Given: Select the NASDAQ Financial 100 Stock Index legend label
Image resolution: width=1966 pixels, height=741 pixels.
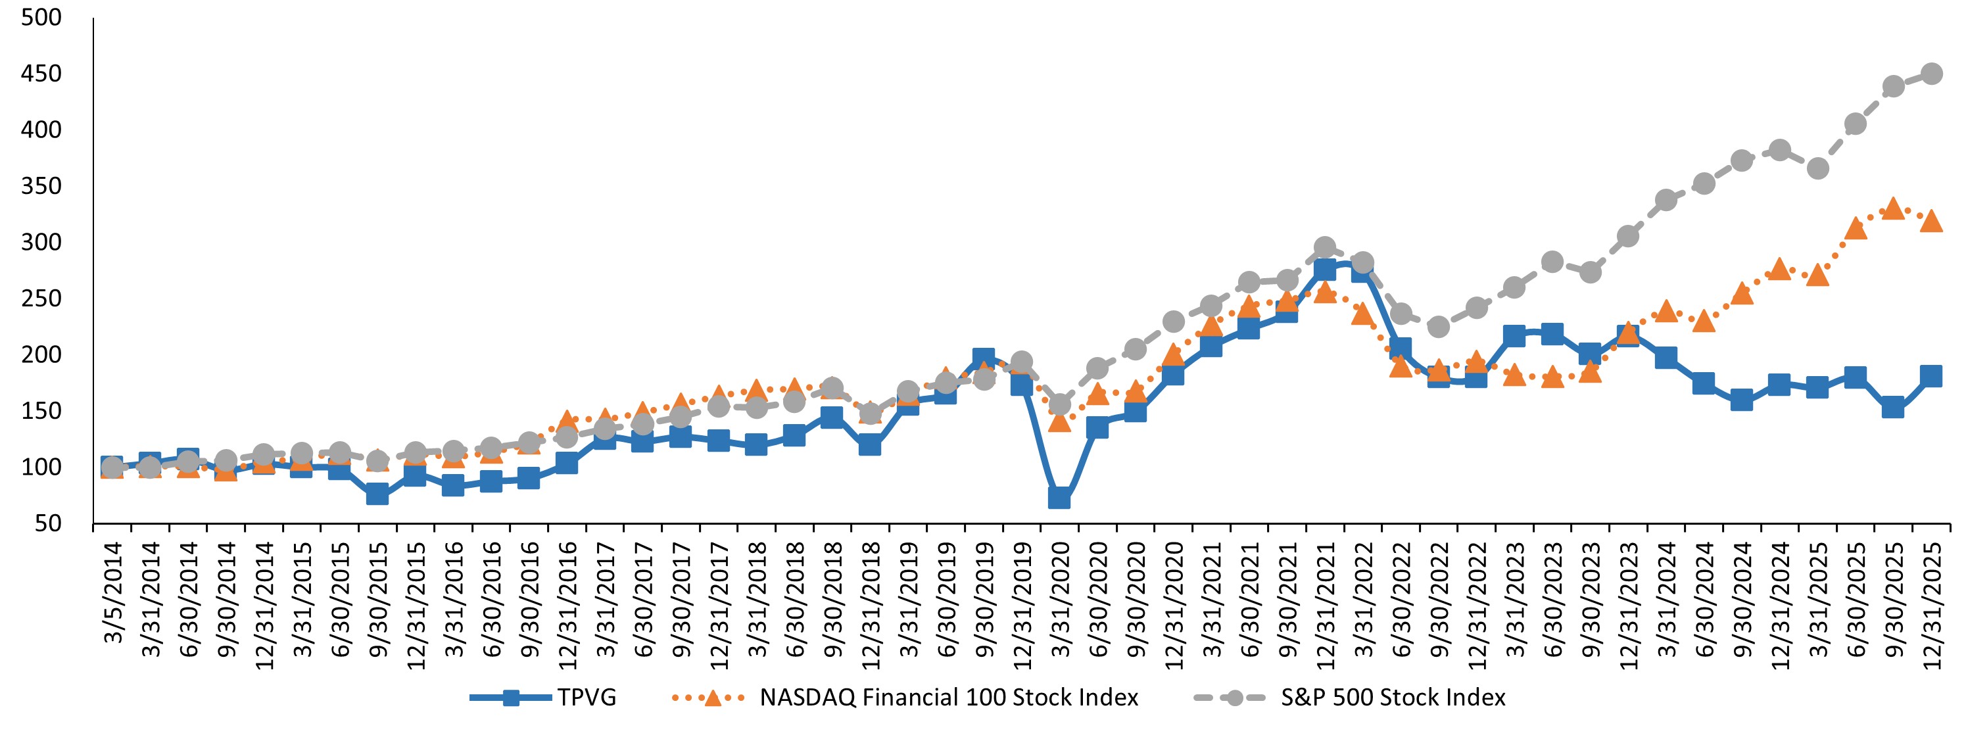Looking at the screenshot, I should [x=949, y=698].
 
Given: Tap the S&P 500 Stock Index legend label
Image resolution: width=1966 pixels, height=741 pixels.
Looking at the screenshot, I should [x=1393, y=698].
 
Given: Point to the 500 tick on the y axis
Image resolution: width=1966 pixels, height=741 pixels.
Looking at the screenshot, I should [x=41, y=18].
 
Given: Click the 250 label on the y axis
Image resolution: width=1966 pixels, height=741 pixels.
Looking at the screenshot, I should [x=41, y=299].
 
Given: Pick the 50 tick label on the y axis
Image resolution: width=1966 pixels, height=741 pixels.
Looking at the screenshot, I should [x=47, y=523].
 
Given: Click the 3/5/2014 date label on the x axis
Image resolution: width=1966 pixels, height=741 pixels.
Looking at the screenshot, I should [x=113, y=592].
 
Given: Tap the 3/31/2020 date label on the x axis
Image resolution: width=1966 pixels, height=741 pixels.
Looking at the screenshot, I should [x=1060, y=599].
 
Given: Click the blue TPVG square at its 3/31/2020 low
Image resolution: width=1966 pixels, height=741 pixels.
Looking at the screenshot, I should [x=1059, y=498].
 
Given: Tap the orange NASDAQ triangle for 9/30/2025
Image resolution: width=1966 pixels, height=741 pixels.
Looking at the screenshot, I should [x=1893, y=208].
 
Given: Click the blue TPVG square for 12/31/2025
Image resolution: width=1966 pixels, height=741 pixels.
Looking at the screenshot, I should [x=1932, y=375].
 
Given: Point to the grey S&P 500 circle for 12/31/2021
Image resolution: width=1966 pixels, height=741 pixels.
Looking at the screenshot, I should [x=1325, y=248].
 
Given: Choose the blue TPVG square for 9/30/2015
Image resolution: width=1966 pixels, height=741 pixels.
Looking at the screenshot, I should [x=377, y=494].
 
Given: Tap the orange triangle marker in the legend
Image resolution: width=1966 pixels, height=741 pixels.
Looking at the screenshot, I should [x=711, y=698].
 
